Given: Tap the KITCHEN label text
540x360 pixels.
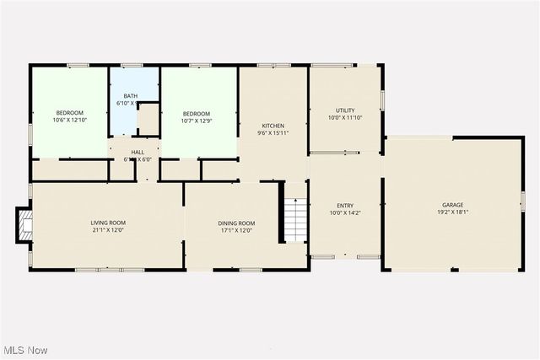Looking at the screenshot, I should click(272, 126).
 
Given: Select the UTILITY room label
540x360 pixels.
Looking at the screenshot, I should click(345, 110).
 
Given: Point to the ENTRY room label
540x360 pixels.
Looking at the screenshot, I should click(345, 205).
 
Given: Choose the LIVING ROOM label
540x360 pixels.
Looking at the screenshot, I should click(107, 223).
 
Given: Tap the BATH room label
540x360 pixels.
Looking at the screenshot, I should click(131, 96).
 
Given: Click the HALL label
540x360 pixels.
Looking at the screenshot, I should click(137, 152).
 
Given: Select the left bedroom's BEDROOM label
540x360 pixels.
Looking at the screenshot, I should click(70, 113).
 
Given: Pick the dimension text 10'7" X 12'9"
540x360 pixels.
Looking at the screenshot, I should click(197, 121).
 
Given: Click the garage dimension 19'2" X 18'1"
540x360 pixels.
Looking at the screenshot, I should click(453, 212).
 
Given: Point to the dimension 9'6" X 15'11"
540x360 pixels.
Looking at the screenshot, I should click(272, 133).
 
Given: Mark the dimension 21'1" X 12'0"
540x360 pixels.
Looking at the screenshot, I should click(107, 230).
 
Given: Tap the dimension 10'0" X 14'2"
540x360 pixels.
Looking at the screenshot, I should click(345, 212).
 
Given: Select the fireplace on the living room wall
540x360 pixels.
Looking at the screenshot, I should click(24, 224).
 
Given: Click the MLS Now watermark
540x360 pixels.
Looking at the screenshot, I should click(24, 350).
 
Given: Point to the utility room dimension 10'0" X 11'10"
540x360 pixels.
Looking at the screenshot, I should click(345, 118).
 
